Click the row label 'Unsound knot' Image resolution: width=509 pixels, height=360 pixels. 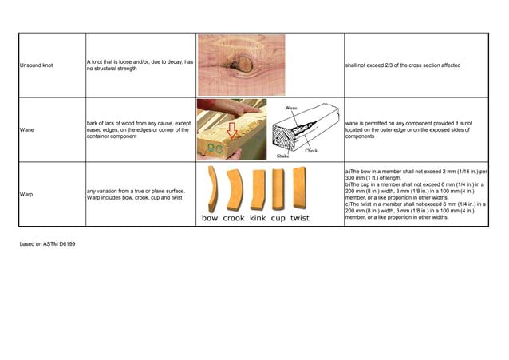(x=36, y=65)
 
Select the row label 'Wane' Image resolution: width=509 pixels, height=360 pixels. (x=27, y=129)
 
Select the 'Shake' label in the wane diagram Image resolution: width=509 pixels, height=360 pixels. (x=283, y=156)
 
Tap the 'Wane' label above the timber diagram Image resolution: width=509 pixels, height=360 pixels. (x=292, y=106)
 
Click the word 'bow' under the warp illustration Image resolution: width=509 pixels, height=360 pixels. (x=210, y=218)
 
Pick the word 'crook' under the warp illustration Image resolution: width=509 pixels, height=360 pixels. (x=234, y=218)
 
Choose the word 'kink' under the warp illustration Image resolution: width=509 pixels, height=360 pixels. (x=258, y=218)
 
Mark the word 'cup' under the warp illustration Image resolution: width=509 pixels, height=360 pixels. (x=278, y=218)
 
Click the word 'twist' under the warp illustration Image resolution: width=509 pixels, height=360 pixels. (x=300, y=218)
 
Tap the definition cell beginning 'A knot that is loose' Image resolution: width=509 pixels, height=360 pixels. (x=139, y=65)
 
